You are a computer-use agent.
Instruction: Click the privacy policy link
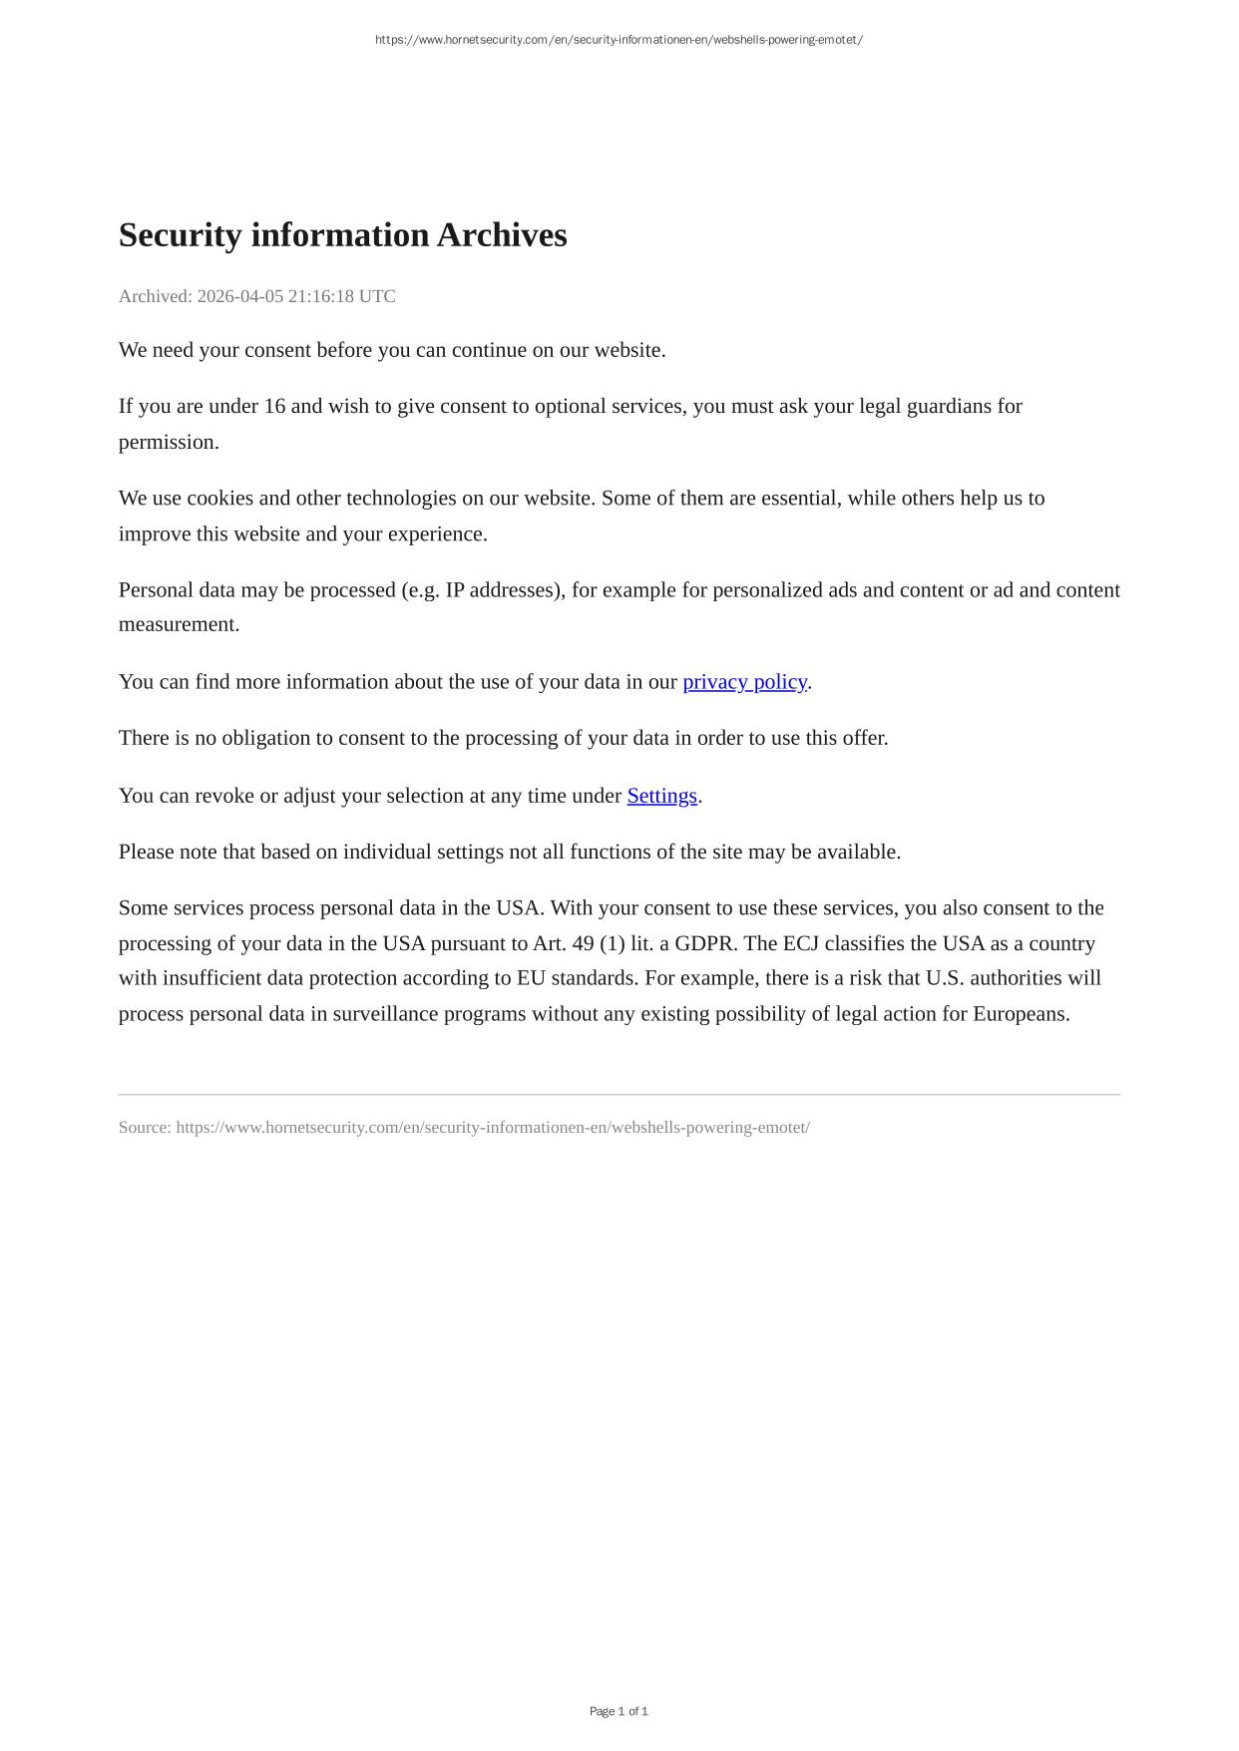[x=744, y=682]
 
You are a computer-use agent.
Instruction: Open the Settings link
[x=661, y=796]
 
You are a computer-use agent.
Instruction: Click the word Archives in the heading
[x=502, y=235]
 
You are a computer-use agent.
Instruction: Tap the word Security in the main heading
[x=181, y=235]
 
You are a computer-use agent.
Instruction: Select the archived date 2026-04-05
[x=239, y=296]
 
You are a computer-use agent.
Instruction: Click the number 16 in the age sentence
[x=274, y=407]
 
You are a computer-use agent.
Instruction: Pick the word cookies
[x=219, y=499]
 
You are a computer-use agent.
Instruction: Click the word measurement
[x=179, y=625]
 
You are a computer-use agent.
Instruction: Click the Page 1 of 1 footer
[x=619, y=1711]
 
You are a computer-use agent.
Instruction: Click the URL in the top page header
[x=619, y=40]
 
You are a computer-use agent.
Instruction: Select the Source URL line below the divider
[x=464, y=1128]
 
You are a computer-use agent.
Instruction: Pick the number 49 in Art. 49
[x=583, y=943]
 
